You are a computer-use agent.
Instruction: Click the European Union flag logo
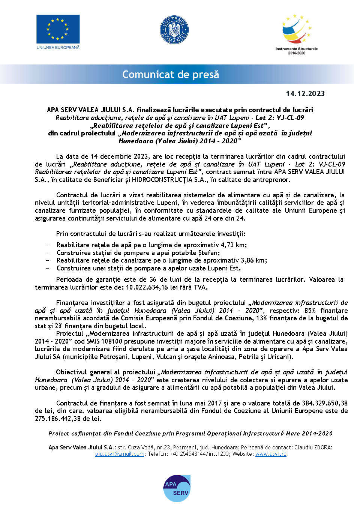tap(58, 29)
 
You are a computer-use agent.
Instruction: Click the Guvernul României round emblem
tap(174, 30)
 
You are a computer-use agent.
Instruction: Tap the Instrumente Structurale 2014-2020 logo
tap(297, 34)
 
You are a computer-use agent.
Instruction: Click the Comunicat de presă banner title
tap(171, 74)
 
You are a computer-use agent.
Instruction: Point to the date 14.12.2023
tap(305, 94)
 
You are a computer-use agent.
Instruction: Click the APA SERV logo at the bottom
tap(177, 488)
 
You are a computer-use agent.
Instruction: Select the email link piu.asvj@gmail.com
tap(120, 454)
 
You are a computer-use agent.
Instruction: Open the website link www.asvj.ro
tap(271, 454)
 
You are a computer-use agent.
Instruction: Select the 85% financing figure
tap(310, 311)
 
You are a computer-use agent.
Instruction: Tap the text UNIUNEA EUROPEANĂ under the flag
tap(58, 48)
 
